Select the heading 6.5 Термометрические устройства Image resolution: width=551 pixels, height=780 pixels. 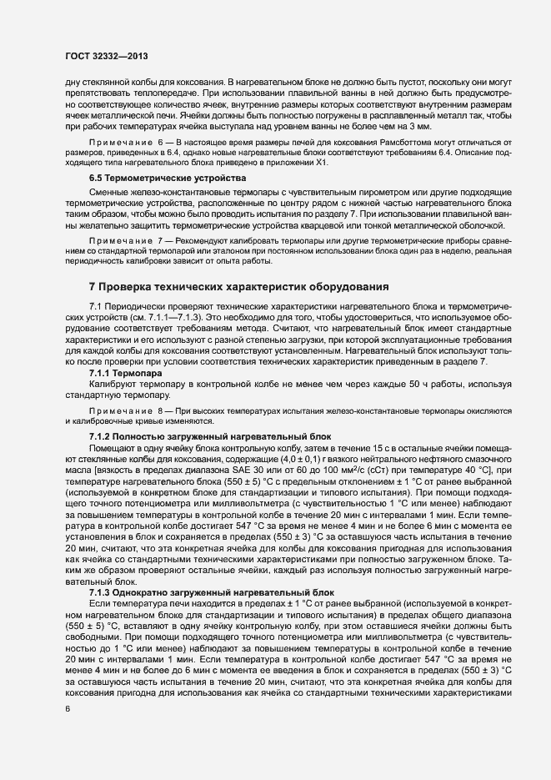tap(163, 179)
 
